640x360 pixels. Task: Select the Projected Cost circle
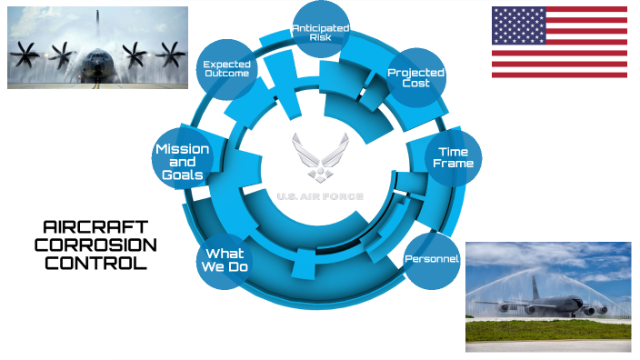415,78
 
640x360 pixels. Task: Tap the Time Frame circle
453,158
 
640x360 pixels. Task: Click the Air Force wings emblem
320,159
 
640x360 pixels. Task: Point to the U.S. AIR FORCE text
320,196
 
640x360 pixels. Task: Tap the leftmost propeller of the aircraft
25,55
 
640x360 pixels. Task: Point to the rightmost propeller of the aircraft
169,55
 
